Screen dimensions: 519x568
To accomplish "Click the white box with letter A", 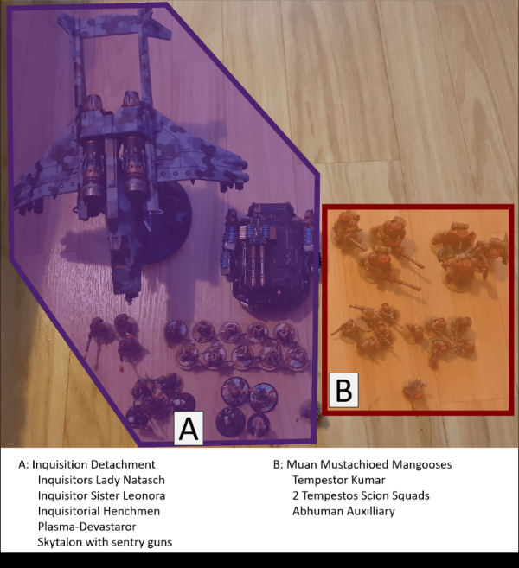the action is [189, 428].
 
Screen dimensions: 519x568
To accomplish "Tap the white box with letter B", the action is [343, 390].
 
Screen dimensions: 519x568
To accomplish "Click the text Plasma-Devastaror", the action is [87, 527].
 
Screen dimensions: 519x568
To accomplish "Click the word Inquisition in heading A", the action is [60, 465].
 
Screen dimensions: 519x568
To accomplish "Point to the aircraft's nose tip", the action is [129, 302].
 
